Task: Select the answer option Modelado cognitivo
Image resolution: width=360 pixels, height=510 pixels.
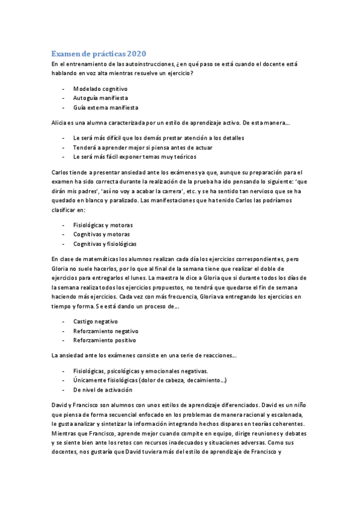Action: pos(100,88)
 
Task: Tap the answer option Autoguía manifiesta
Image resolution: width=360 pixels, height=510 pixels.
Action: pos(100,98)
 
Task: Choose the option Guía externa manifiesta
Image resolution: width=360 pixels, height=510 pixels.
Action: pos(106,108)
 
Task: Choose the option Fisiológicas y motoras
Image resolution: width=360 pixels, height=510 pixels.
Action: pos(103,225)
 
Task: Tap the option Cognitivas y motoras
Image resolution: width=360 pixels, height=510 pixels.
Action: pos(101,235)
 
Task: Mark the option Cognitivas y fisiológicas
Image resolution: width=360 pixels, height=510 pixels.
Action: pos(105,244)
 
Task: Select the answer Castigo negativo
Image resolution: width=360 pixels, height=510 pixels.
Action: pos(96,322)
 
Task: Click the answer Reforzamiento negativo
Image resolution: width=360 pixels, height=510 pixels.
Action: pos(106,331)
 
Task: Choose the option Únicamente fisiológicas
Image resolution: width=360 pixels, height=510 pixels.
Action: pos(150,381)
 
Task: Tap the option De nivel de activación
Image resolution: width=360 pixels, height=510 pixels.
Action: pos(102,390)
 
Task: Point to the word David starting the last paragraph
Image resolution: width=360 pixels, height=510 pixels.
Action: pos(60,405)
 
